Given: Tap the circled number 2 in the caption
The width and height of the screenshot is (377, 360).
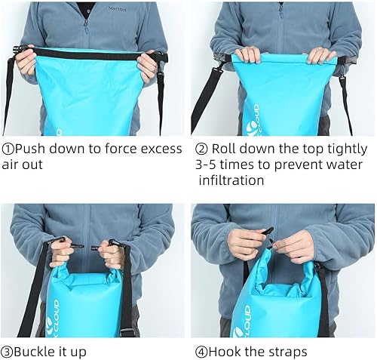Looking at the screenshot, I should click(x=201, y=149).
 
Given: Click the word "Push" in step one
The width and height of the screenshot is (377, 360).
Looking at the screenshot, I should click(x=32, y=149).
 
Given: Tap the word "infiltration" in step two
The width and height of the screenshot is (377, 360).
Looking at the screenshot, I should click(x=231, y=180).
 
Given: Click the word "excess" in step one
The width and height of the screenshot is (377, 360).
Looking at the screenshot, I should click(x=161, y=149).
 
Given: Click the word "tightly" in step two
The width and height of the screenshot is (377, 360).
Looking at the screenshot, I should click(x=346, y=149).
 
